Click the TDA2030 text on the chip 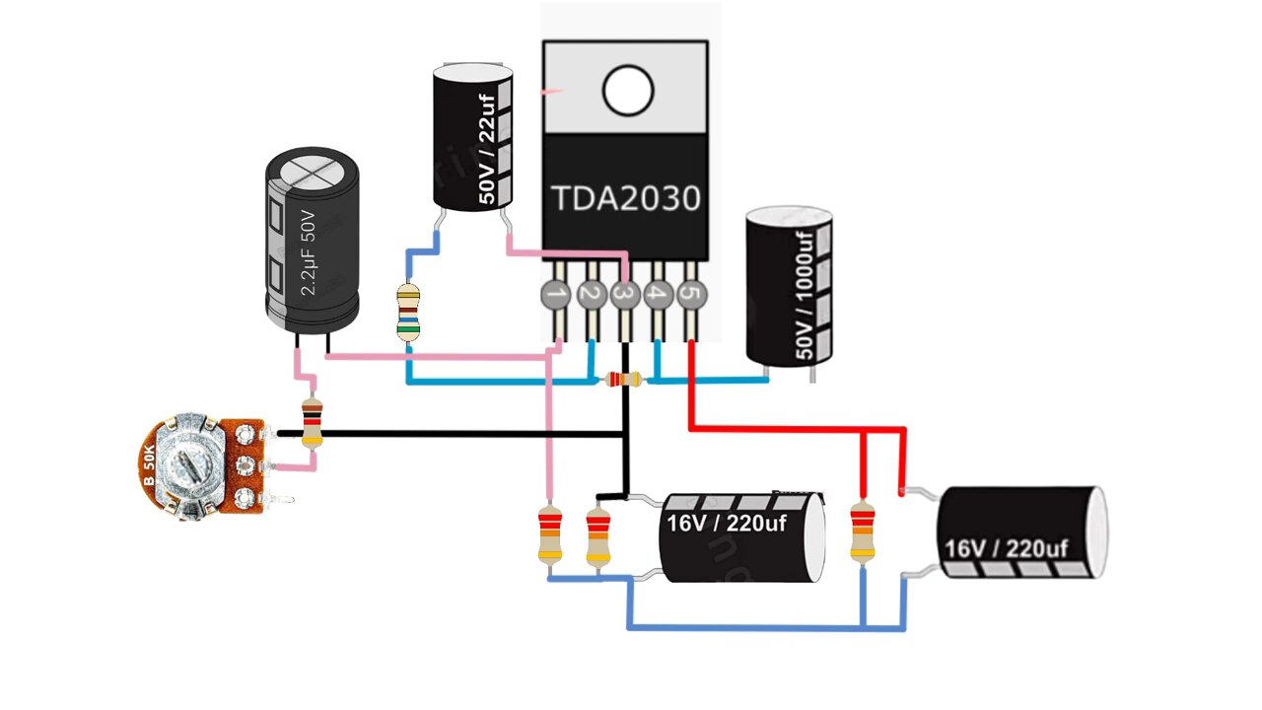click(625, 199)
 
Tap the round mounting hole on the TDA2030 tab click(628, 92)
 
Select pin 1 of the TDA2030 click(556, 294)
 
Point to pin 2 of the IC click(590, 294)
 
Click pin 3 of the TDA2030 click(623, 294)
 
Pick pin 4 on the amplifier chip click(658, 294)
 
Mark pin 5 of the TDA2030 click(692, 294)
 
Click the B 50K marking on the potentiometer click(149, 465)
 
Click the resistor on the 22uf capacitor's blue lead click(408, 312)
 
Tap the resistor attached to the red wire click(863, 532)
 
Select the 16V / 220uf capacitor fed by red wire click(1020, 532)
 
